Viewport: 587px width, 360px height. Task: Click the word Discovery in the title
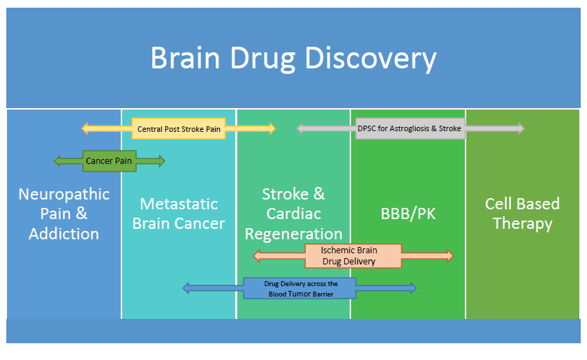(371, 59)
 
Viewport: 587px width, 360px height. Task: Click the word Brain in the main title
(185, 58)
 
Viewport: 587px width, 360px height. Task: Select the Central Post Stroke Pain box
(179, 129)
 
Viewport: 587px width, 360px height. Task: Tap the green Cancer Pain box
(109, 161)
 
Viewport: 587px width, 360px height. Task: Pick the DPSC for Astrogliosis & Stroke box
(410, 128)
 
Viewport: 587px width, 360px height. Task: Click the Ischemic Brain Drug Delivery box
(353, 256)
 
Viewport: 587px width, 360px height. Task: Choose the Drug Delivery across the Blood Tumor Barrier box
(299, 288)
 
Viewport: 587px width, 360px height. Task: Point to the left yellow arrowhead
(85, 128)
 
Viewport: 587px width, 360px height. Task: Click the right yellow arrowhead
(272, 128)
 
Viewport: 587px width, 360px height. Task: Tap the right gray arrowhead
(521, 128)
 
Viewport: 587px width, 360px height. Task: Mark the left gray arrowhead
(300, 129)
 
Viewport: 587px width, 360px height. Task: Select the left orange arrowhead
(257, 256)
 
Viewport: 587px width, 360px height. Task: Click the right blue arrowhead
(413, 288)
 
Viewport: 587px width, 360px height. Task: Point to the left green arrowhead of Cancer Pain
(58, 161)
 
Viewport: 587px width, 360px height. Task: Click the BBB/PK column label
(408, 213)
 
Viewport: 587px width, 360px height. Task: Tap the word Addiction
(64, 234)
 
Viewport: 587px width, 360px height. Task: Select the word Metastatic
(179, 204)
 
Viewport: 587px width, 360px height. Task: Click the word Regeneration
(293, 234)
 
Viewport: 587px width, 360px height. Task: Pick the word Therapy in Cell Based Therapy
(523, 224)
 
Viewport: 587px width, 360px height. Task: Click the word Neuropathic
(64, 195)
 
